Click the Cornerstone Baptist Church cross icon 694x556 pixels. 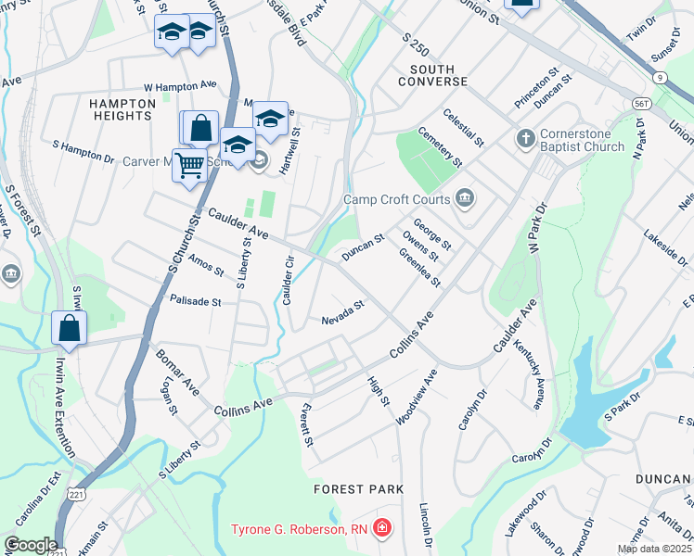pyautogui.click(x=525, y=138)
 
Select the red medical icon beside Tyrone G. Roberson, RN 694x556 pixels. pyautogui.click(x=382, y=529)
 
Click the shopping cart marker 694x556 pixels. pyautogui.click(x=189, y=165)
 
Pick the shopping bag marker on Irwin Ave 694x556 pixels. pyautogui.click(x=70, y=327)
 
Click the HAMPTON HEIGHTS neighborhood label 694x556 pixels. pyautogui.click(x=122, y=109)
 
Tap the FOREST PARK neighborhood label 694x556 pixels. pyautogui.click(x=358, y=488)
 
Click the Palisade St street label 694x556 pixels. pyautogui.click(x=196, y=301)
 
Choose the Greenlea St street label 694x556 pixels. pyautogui.click(x=419, y=267)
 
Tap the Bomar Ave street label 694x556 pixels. pyautogui.click(x=176, y=372)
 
